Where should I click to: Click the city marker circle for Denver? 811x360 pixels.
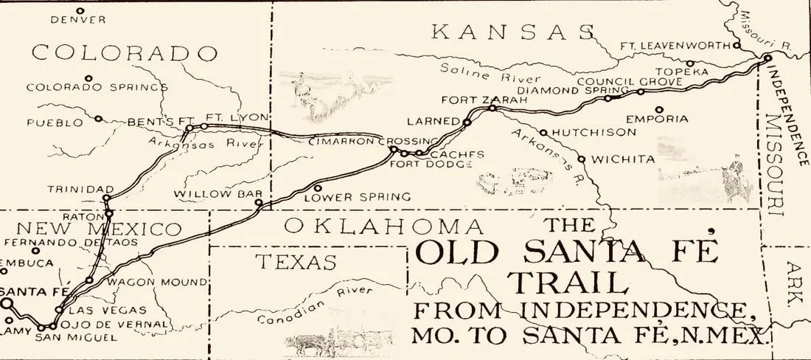click(x=80, y=11)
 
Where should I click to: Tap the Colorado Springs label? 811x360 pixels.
click(x=97, y=87)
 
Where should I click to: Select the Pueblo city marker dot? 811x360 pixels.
click(x=98, y=118)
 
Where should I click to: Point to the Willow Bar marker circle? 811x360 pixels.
click(x=258, y=202)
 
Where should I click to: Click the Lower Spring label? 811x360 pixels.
click(x=357, y=197)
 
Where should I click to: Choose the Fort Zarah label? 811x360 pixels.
click(x=473, y=100)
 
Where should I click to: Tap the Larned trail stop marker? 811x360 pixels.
click(x=467, y=122)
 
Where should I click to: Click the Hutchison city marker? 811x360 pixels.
click(x=543, y=133)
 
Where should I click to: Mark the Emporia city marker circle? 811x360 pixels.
click(x=658, y=110)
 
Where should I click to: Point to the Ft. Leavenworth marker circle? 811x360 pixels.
click(x=737, y=45)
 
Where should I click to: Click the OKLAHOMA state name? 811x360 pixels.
click(x=384, y=226)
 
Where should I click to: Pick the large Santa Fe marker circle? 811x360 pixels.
click(x=6, y=303)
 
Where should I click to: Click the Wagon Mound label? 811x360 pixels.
click(x=157, y=282)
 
